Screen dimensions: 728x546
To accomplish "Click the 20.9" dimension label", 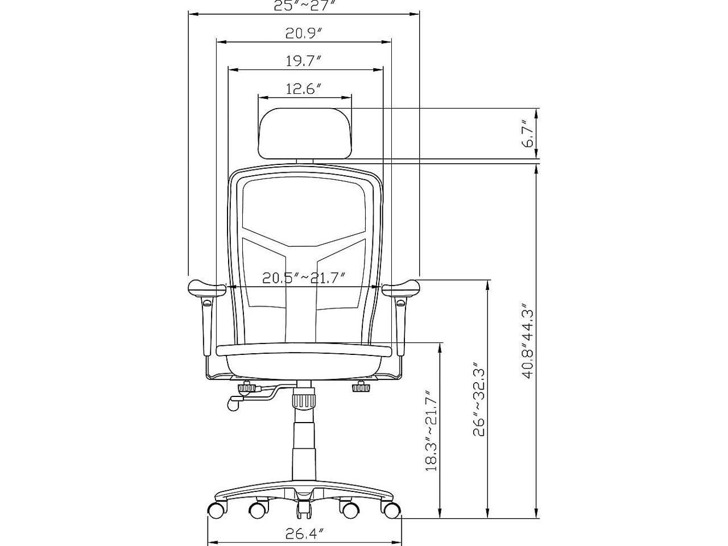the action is (304, 34).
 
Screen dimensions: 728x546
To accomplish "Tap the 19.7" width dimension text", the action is (304, 61).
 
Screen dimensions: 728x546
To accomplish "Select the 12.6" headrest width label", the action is (304, 89).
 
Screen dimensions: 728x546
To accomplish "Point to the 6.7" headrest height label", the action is (528, 133).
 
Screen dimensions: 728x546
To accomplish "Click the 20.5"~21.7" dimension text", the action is (304, 278).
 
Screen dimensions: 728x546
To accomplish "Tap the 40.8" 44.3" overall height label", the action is (528, 340).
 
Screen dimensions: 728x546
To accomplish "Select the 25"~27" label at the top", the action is (304, 6).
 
